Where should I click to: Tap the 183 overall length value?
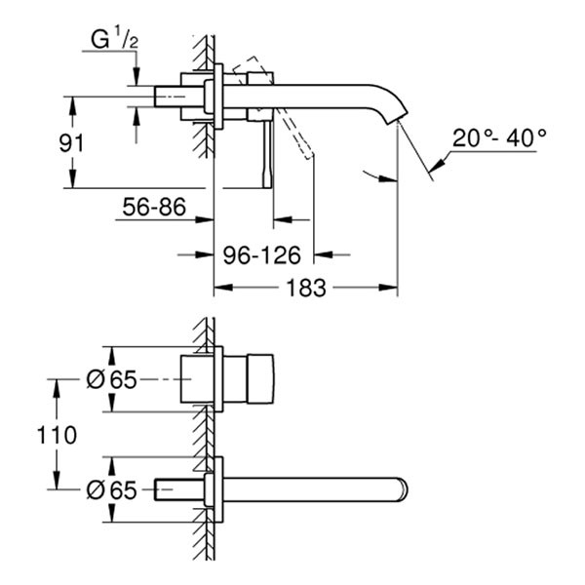[x=305, y=288]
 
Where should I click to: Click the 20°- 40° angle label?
[x=500, y=138]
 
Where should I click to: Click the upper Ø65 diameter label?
[x=108, y=380]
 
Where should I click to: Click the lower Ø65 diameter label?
[x=108, y=487]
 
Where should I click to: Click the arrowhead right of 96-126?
[x=328, y=254]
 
